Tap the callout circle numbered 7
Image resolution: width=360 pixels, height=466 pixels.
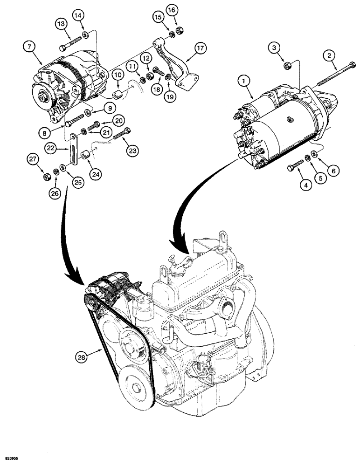coord(29,46)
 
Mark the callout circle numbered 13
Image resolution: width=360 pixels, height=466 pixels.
coord(62,24)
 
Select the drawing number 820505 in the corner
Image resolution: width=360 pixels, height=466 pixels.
coord(11,459)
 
